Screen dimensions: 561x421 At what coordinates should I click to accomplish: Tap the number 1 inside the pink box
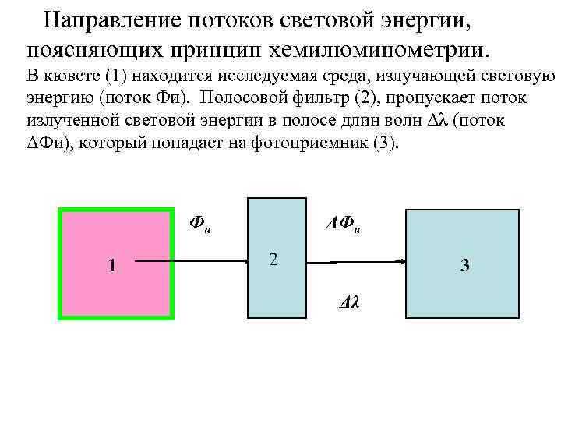[x=112, y=266]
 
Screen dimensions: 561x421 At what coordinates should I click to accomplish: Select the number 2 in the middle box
[x=272, y=259]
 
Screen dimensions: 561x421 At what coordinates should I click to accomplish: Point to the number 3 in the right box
[x=464, y=266]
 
